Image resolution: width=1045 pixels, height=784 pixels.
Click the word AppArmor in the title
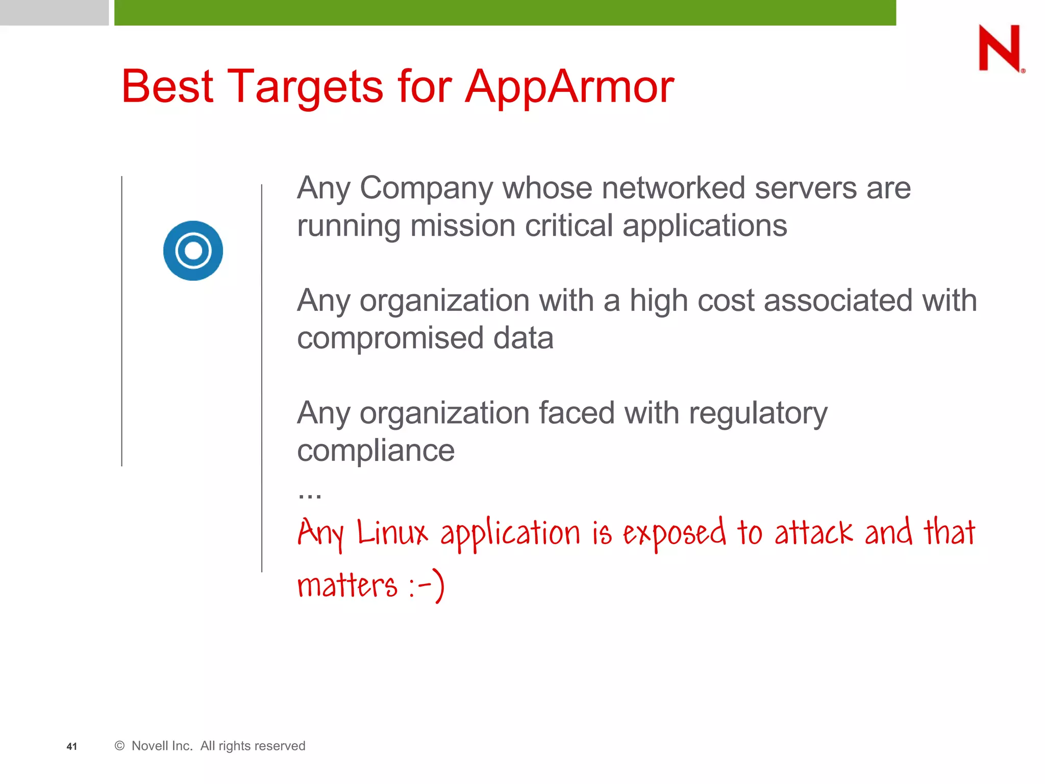569,87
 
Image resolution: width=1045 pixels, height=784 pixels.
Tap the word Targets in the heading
305,87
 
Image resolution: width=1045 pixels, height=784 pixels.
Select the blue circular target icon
193,251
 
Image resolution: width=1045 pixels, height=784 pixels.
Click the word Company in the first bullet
426,188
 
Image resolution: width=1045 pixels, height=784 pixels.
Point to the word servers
806,188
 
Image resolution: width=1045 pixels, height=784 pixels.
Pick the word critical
568,226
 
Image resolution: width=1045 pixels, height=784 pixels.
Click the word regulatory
758,413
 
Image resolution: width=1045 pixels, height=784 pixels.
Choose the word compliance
376,450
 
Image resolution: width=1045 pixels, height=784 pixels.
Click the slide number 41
72,746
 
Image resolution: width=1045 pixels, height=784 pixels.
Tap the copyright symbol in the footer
120,746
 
